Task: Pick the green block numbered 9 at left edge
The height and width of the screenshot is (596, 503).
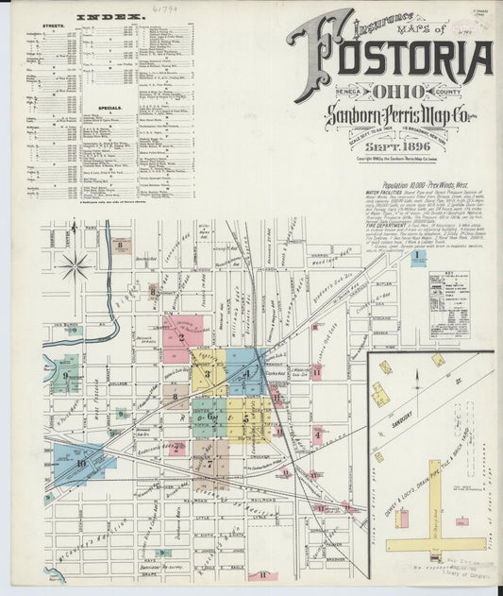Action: pos(65,375)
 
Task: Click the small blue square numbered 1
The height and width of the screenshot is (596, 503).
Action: pos(417,256)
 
